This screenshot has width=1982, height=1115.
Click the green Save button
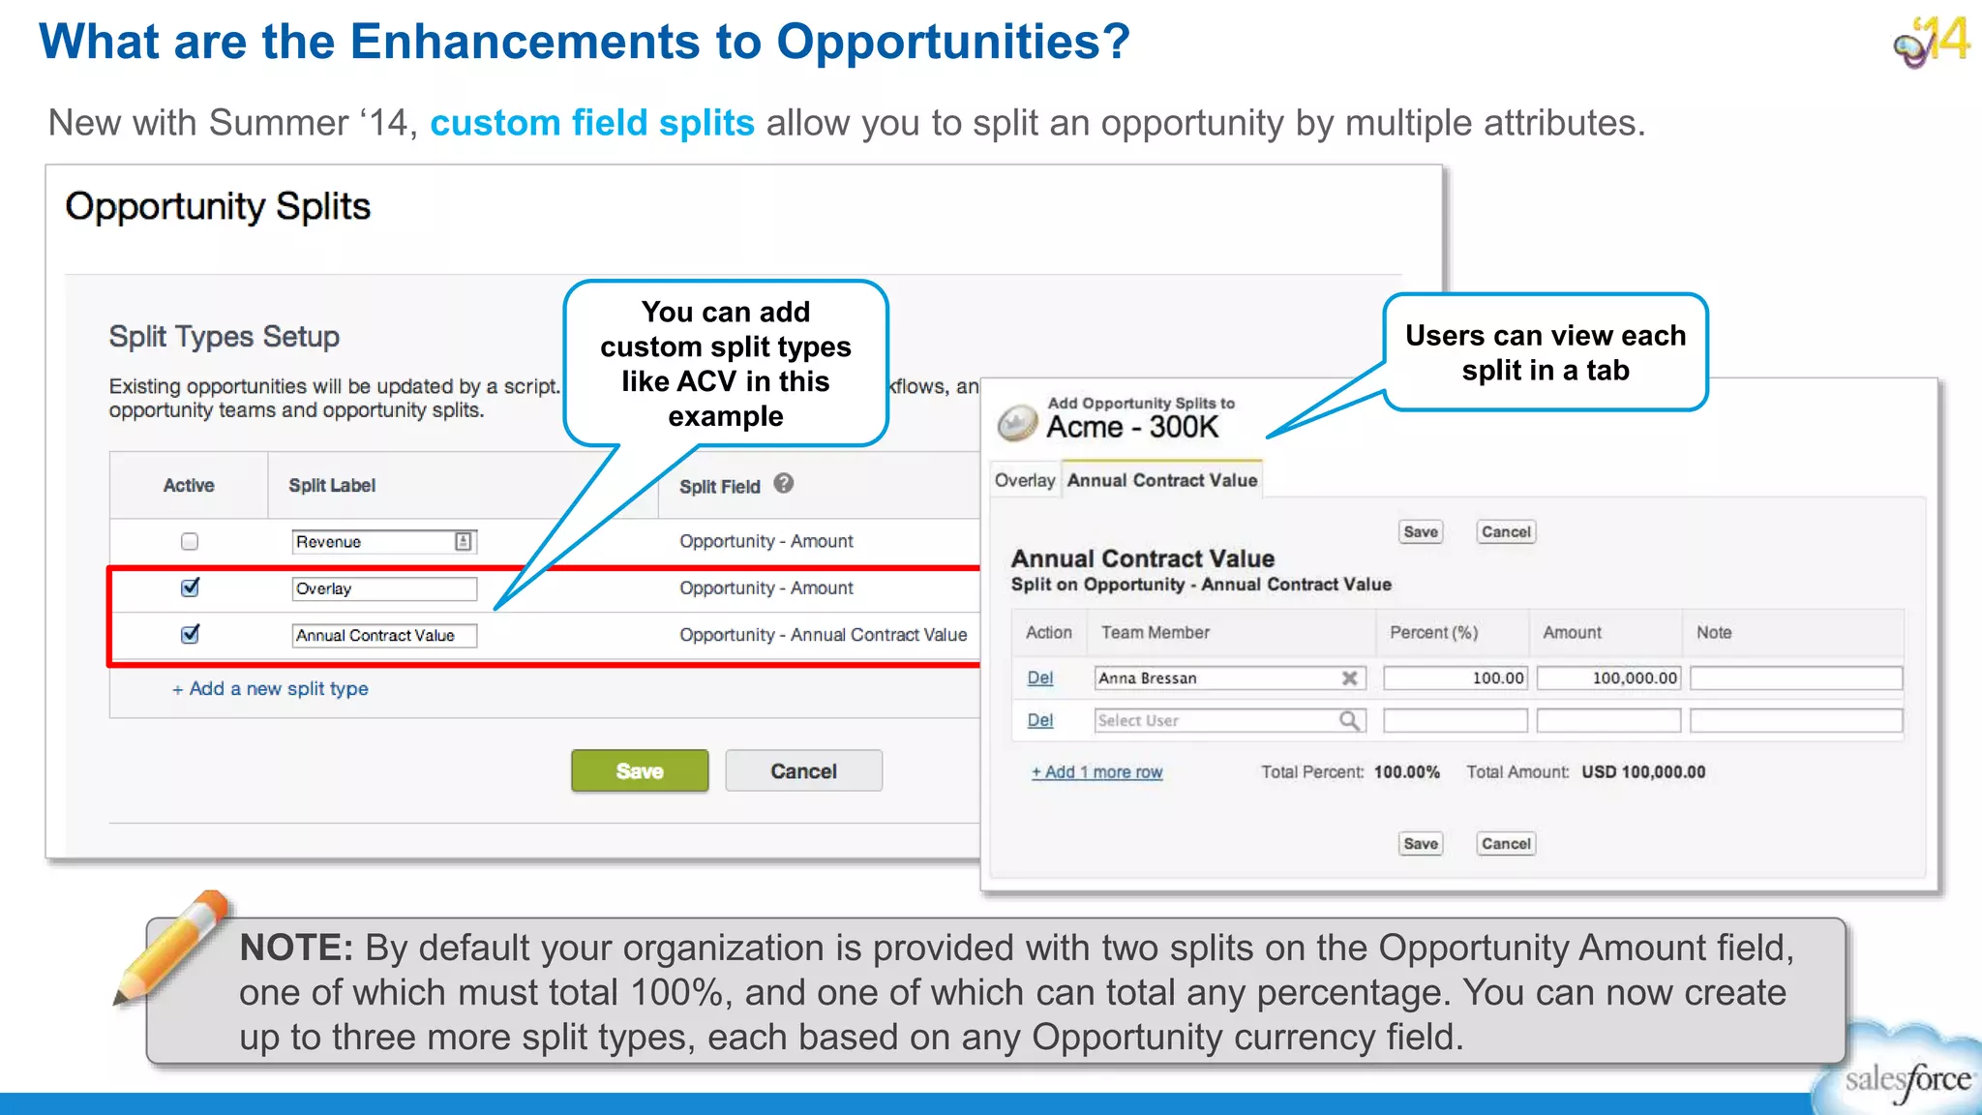[x=639, y=771]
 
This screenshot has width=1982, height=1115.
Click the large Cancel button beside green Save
[x=803, y=771]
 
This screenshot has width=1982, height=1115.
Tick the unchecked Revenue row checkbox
[x=190, y=542]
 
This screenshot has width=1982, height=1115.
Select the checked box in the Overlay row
[x=190, y=588]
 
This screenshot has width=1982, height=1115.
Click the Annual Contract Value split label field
[x=384, y=636]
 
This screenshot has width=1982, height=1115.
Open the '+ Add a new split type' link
[x=270, y=689]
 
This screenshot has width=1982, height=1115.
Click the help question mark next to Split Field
[x=784, y=483]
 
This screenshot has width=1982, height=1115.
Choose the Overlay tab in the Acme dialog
[x=1024, y=481]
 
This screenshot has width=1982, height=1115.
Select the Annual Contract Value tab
[x=1161, y=481]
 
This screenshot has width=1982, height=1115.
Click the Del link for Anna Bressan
[x=1039, y=678]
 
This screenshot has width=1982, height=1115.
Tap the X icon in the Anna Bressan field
[x=1349, y=678]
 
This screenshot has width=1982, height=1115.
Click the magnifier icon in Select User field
[x=1348, y=721]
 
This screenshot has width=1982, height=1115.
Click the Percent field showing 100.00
[x=1455, y=678]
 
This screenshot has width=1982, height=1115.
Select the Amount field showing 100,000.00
[x=1608, y=678]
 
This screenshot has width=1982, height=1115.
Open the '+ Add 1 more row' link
[x=1096, y=772]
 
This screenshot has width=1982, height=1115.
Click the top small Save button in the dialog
[x=1420, y=532]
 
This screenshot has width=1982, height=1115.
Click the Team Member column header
[x=1155, y=633]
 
